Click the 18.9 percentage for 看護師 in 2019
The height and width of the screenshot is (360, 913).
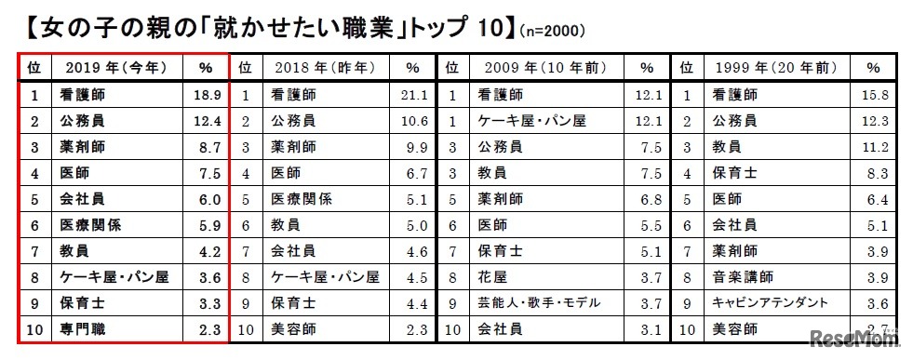206,95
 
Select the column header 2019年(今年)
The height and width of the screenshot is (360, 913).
111,68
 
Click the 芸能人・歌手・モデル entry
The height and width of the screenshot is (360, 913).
538,302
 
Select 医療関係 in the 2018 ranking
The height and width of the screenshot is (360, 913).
300,198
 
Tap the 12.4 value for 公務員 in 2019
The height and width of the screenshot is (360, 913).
206,121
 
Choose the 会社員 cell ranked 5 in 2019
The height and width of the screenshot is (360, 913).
81,198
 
